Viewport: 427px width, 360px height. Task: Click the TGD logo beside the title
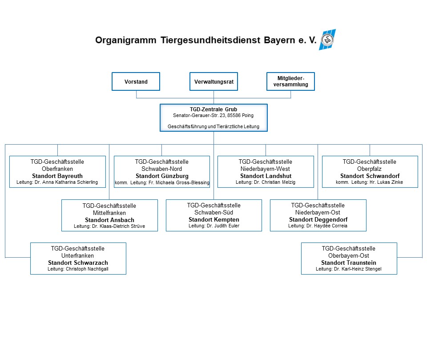(327, 40)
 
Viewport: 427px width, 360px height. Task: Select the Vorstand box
(136, 82)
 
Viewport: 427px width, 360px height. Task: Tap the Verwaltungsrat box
(213, 82)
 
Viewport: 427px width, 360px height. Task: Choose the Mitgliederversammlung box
(290, 81)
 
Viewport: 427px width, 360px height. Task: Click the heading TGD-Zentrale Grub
(213, 109)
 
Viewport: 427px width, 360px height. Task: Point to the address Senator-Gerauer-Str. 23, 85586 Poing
(213, 115)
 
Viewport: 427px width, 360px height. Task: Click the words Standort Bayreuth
(57, 176)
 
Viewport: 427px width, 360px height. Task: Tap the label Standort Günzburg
(161, 176)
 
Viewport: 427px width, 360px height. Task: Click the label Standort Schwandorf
(370, 176)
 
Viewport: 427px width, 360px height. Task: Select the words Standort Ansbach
(109, 220)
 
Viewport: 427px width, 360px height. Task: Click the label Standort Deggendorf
(318, 220)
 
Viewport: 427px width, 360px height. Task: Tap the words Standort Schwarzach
(78, 263)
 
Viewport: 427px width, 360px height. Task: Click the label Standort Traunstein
(349, 263)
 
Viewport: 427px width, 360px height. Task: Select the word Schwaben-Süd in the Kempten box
(213, 213)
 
